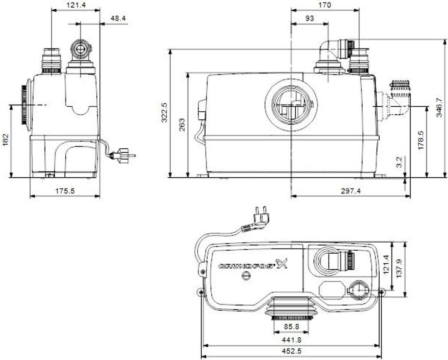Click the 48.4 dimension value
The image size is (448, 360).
point(118,18)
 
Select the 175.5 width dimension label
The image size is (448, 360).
point(65,191)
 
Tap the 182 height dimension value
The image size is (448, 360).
point(6,140)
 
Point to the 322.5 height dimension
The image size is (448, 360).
point(165,112)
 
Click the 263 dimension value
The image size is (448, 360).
point(182,125)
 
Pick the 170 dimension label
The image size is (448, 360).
point(325,5)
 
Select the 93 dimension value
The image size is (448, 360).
point(309,18)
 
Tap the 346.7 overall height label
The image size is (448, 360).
point(439,108)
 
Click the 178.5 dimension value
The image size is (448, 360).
point(420,140)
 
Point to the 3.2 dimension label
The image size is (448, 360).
point(399,162)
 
